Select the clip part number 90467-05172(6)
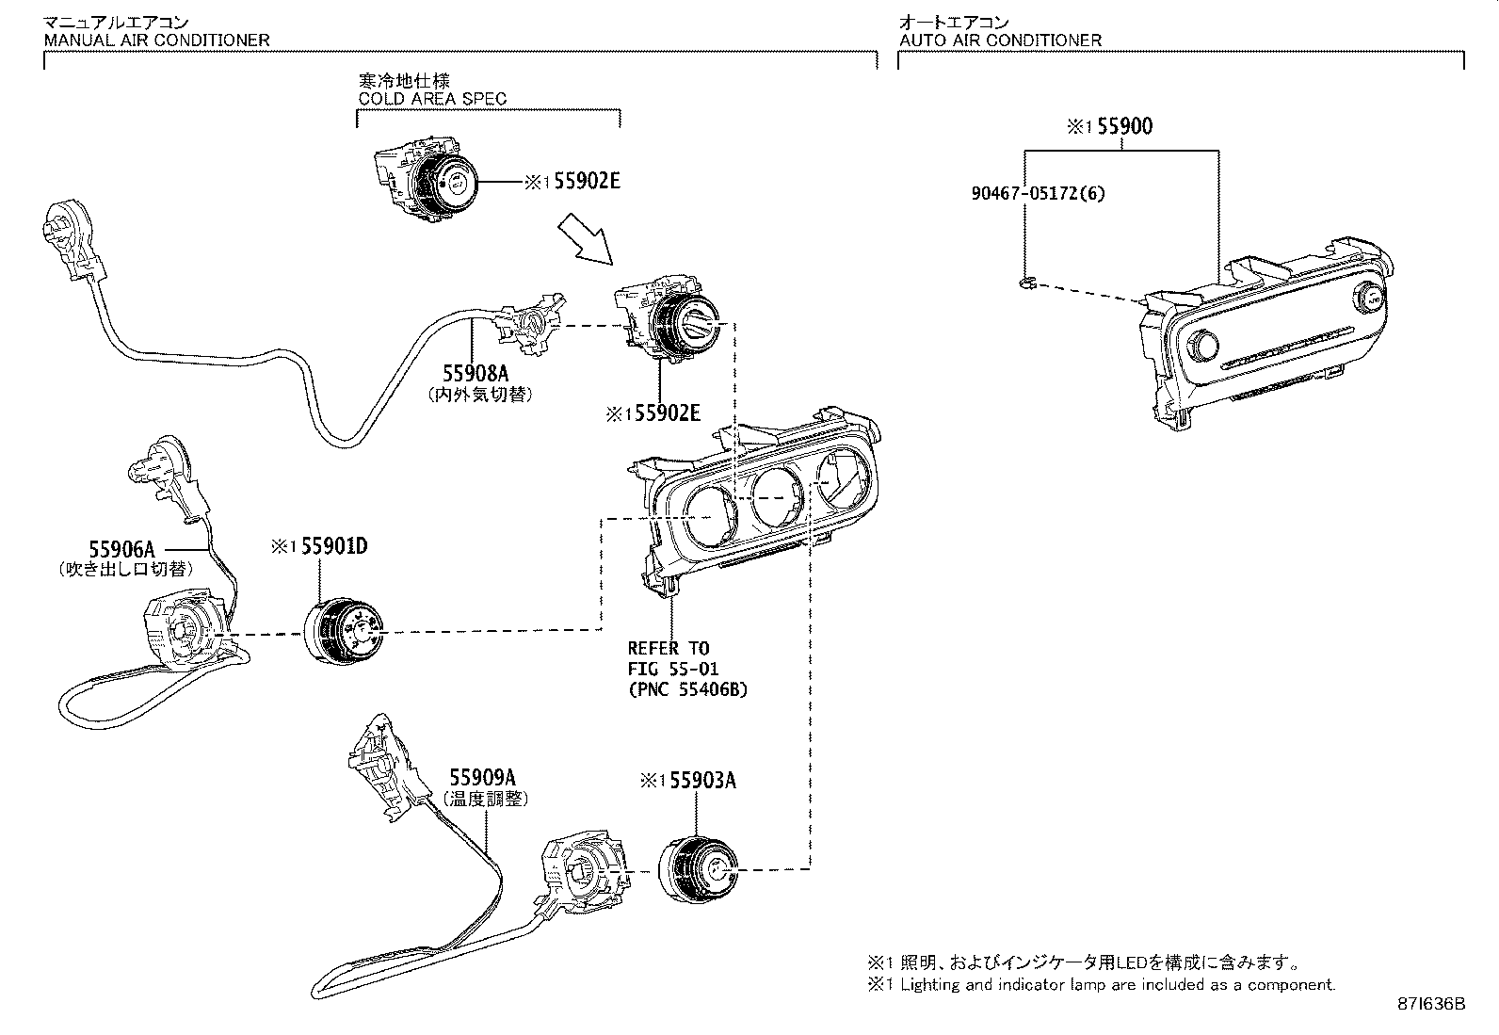1039,193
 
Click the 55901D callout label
333,547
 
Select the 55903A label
701,780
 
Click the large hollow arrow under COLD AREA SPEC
585,238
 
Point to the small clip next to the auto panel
1029,282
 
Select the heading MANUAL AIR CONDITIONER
157,40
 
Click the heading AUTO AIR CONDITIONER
1000,40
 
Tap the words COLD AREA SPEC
432,98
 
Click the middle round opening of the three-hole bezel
779,497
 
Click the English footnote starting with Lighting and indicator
1118,985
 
